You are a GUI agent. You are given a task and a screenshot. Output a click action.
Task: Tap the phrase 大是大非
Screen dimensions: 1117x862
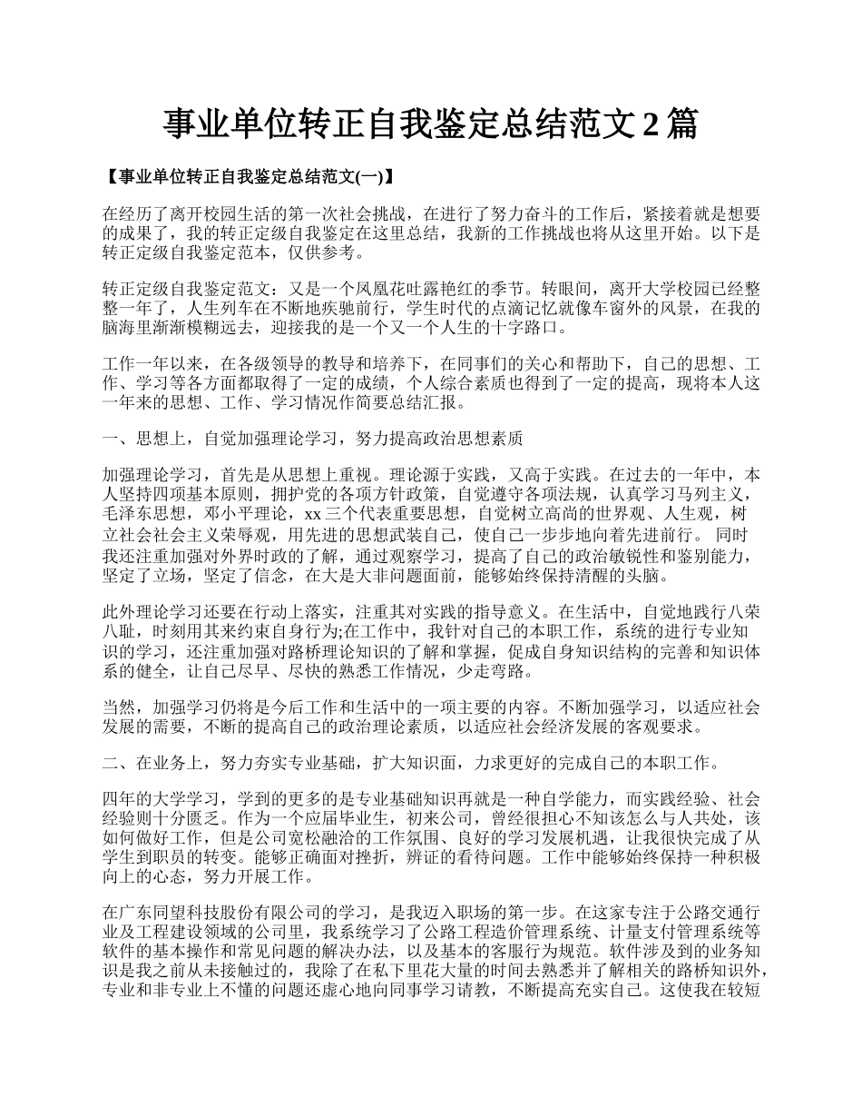click(366, 576)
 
